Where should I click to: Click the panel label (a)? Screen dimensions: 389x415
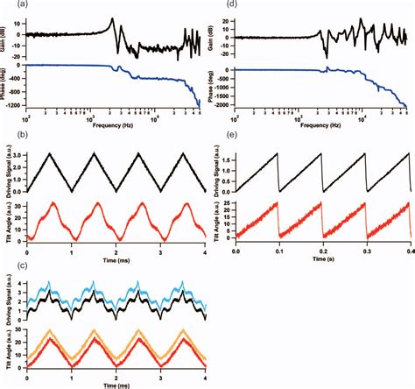pos(10,5)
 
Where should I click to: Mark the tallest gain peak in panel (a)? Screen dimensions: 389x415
pos(112,18)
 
